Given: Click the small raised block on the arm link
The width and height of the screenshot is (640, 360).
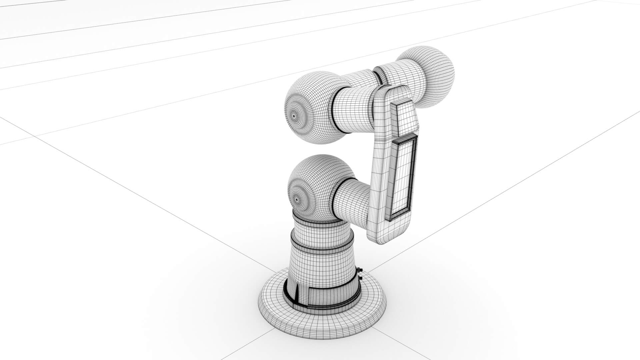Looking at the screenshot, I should (x=404, y=118).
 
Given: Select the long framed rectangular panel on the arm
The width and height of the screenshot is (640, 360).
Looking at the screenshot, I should (x=402, y=177).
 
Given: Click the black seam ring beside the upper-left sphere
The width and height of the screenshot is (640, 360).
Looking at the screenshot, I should (x=334, y=110).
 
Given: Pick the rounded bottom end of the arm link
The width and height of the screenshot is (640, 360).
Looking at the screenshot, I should (x=387, y=233).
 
